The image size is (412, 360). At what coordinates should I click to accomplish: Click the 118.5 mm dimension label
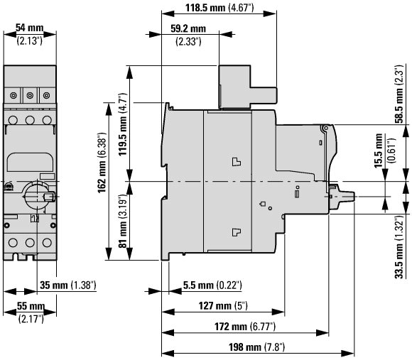219,7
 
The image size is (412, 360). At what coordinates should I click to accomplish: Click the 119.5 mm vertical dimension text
122,124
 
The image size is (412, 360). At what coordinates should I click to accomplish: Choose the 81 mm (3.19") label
122,221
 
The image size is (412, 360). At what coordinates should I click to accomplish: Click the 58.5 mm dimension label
399,94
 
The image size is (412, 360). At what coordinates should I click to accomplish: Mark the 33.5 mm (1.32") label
399,247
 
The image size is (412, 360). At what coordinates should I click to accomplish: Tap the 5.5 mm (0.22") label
212,285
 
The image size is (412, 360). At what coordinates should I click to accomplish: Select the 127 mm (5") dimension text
223,305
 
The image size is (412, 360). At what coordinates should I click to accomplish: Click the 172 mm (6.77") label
245,327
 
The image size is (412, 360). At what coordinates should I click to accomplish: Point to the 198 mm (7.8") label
256,347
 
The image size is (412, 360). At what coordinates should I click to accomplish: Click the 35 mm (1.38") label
67,285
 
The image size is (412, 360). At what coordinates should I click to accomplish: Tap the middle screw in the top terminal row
30,96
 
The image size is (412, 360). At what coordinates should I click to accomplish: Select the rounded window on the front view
30,163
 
